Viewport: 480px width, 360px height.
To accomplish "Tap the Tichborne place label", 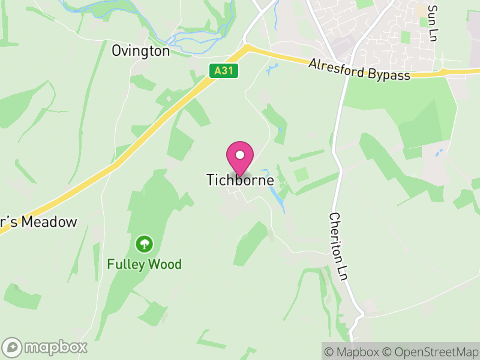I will pyautogui.click(x=240, y=180).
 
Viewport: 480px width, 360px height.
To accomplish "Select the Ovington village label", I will pyautogui.click(x=141, y=51).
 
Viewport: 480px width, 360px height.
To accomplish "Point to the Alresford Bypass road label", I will pyautogui.click(x=359, y=69).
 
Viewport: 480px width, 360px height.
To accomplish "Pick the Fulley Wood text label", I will pyautogui.click(x=144, y=264).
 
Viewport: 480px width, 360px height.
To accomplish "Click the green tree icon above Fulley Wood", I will pyautogui.click(x=144, y=244).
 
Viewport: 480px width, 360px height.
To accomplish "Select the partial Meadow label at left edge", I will pyautogui.click(x=39, y=222).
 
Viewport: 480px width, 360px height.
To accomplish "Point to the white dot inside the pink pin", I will pyautogui.click(x=240, y=155).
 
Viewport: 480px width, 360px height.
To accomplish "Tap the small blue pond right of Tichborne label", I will pyautogui.click(x=274, y=193).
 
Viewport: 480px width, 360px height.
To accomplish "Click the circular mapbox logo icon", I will pyautogui.click(x=13, y=347).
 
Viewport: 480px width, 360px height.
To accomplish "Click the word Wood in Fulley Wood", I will pyautogui.click(x=166, y=264).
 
